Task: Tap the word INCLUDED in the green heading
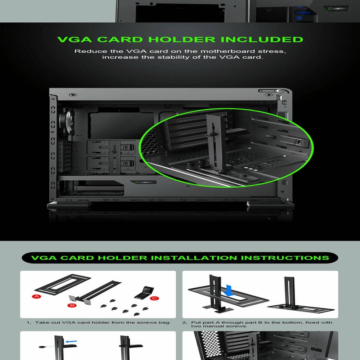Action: click(262, 40)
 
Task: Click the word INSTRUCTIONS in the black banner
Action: click(285, 258)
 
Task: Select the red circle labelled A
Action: click(36, 296)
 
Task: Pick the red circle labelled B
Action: click(72, 305)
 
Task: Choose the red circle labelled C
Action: click(154, 298)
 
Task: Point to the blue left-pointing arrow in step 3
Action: click(71, 342)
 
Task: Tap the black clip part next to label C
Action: click(144, 292)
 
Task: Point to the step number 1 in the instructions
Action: click(28, 323)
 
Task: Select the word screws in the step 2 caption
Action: click(238, 326)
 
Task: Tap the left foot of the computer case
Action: click(69, 206)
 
